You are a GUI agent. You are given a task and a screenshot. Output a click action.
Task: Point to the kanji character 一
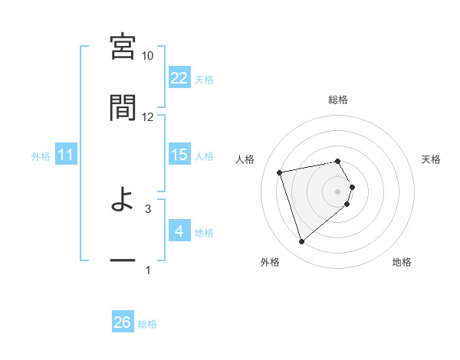tap(123, 261)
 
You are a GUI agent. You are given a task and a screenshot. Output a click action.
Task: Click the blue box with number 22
tap(179, 77)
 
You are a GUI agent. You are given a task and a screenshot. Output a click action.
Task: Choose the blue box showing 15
tap(179, 155)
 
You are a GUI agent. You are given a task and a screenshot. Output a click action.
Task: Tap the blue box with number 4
tap(179, 231)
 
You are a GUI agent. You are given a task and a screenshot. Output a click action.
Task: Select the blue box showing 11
tap(66, 155)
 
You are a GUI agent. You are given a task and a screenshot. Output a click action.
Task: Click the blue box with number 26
tap(123, 322)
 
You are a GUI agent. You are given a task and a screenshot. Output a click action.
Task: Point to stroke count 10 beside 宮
tap(148, 56)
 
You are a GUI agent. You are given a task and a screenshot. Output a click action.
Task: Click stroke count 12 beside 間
tap(148, 116)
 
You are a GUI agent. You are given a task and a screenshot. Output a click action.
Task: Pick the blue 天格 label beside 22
tap(204, 79)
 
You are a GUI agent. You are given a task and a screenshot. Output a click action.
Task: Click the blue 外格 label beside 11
tap(41, 155)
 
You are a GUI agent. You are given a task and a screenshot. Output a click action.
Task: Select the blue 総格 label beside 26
tap(147, 324)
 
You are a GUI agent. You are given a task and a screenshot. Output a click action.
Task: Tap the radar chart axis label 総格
tap(338, 100)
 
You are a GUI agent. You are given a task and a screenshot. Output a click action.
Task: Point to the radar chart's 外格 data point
tap(302, 241)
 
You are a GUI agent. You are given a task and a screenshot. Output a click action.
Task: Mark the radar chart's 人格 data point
tap(280, 172)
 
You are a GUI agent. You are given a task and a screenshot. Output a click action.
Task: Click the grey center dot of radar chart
tap(338, 191)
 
